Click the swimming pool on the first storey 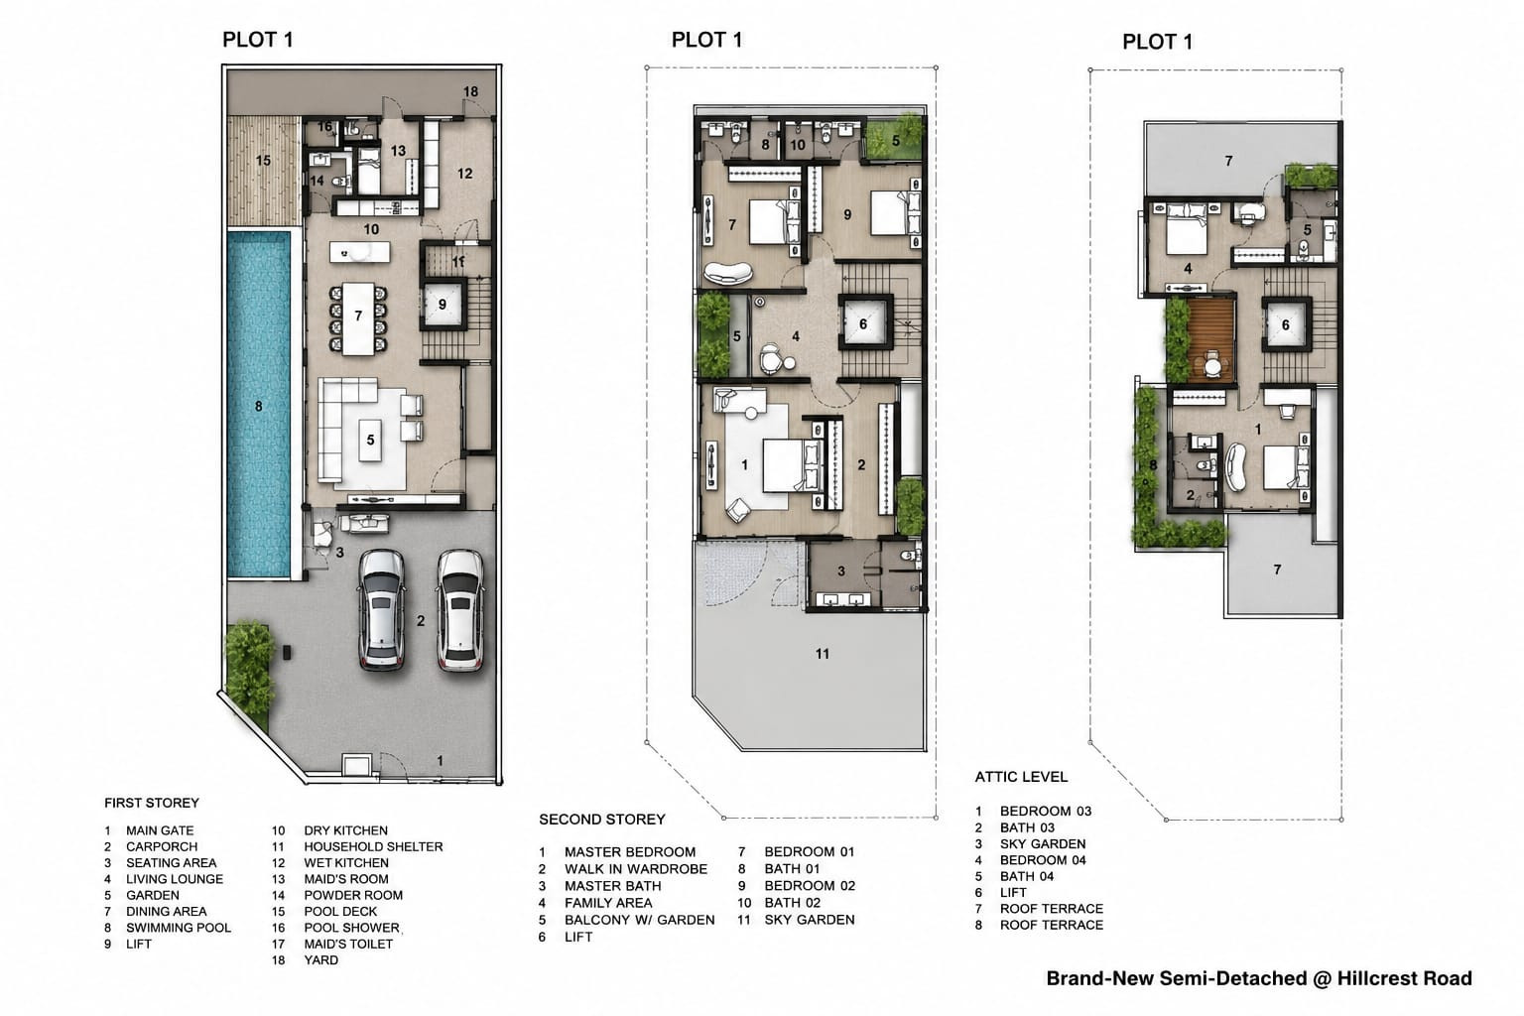[x=259, y=405]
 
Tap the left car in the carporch [x=382, y=610]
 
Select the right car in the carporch [x=460, y=610]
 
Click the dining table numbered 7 [x=358, y=318]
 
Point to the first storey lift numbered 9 [x=443, y=305]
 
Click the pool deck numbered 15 [x=264, y=171]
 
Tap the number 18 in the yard [x=471, y=91]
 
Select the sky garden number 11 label [x=823, y=654]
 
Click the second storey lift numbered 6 [x=864, y=323]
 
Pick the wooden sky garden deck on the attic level [x=1211, y=340]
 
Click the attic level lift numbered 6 [x=1286, y=325]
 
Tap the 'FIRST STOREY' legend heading [x=152, y=803]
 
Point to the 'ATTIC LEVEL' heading [x=1021, y=777]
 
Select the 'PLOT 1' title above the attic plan [x=1157, y=43]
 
